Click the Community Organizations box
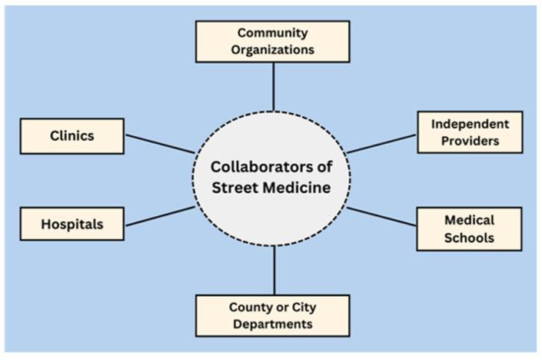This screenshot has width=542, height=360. click(272, 41)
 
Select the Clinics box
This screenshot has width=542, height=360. click(72, 136)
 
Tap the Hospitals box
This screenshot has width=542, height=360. click(72, 224)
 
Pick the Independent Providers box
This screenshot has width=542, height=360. click(469, 132)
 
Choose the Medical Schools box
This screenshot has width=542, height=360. click(469, 228)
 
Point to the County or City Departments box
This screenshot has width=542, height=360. click(272, 315)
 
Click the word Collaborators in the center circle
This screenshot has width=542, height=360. click(272, 166)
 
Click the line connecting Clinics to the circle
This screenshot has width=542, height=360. click(160, 144)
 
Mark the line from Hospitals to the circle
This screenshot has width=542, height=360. click(160, 216)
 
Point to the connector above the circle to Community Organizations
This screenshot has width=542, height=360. click(273, 86)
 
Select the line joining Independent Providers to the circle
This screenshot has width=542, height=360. click(381, 143)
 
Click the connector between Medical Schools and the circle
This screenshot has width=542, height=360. click(381, 218)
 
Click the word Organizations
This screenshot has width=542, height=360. click(272, 49)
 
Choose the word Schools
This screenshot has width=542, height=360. click(469, 237)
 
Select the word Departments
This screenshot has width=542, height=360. click(272, 324)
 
